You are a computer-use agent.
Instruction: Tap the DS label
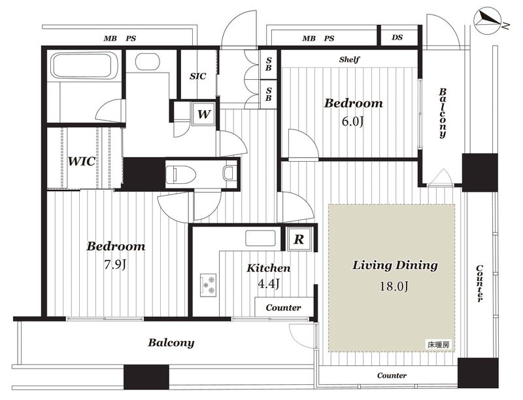[x=397, y=37]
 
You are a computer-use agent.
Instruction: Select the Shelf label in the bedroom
[x=349, y=60]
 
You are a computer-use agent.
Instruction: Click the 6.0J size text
[x=352, y=121]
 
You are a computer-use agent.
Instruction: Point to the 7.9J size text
[x=115, y=264]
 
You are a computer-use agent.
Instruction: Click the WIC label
[x=82, y=162]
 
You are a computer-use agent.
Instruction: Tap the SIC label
[x=198, y=77]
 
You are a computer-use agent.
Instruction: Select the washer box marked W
[x=203, y=114]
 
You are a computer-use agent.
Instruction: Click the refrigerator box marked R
[x=299, y=239]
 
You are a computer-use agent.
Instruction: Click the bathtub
[x=82, y=65]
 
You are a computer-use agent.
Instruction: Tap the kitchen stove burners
[x=208, y=285]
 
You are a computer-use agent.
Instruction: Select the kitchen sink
[x=260, y=238]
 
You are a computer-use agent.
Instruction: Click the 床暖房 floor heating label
[x=439, y=344]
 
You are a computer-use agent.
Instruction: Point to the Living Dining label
[x=395, y=266]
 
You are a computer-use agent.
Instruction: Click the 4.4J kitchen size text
[x=269, y=283]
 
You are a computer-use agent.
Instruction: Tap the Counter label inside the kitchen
[x=283, y=308]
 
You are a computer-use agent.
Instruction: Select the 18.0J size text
[x=394, y=286]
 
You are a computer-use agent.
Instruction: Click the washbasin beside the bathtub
[x=148, y=62]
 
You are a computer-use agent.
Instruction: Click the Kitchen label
[x=269, y=268]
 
